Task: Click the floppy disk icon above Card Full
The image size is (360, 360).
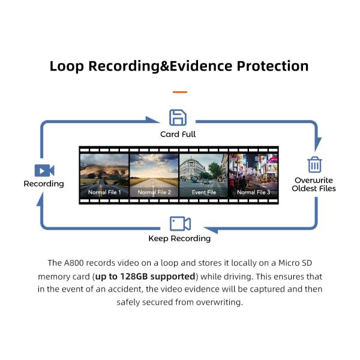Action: (x=178, y=118)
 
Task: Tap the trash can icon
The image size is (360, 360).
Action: (x=314, y=164)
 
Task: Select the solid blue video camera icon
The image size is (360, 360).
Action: (x=44, y=170)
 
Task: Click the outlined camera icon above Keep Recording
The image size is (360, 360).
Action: (x=180, y=223)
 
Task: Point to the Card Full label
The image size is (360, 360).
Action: (x=178, y=134)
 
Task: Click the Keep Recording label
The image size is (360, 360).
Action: (x=179, y=239)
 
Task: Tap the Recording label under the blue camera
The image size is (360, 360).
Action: (x=44, y=184)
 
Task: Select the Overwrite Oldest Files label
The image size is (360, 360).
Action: (x=314, y=184)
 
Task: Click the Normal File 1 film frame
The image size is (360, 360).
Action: (x=104, y=175)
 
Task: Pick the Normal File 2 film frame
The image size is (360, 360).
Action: (x=154, y=175)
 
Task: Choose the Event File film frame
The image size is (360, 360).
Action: (x=203, y=175)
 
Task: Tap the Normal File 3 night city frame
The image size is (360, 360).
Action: (x=253, y=175)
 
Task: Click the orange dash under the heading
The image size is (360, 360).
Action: (x=180, y=92)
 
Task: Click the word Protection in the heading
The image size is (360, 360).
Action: (x=272, y=66)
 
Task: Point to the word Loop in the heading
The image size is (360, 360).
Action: (x=67, y=67)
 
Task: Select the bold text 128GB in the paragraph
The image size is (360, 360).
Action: (x=134, y=277)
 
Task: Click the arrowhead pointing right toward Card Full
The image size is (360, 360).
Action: (x=152, y=121)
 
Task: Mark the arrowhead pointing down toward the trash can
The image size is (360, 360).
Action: (x=317, y=144)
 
